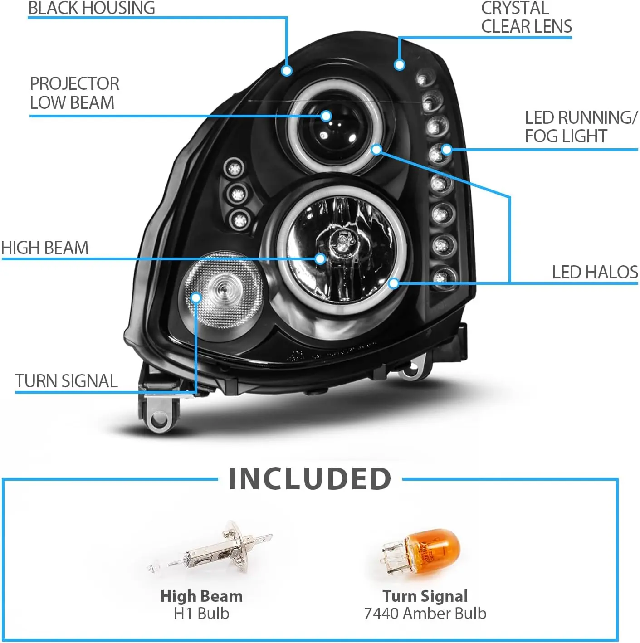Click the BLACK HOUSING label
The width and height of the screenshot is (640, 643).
[92, 8]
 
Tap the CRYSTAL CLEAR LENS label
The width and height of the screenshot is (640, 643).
[526, 17]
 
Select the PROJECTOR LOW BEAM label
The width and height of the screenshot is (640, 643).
[74, 93]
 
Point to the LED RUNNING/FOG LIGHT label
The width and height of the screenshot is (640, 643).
[581, 127]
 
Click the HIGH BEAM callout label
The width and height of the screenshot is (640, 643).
[44, 248]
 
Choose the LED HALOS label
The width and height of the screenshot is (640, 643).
[595, 272]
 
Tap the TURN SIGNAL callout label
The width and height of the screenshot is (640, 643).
[66, 381]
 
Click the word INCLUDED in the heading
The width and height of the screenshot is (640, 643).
[310, 479]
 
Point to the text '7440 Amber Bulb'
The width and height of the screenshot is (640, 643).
[425, 614]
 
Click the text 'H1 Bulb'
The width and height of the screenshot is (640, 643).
[201, 614]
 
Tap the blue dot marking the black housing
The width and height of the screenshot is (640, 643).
[286, 70]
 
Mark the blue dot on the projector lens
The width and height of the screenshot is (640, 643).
[326, 116]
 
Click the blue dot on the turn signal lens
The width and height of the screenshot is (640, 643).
[196, 297]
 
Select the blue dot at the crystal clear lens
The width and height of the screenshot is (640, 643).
[399, 64]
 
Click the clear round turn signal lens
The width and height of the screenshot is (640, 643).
[225, 290]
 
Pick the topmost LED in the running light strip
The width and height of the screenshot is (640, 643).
[423, 80]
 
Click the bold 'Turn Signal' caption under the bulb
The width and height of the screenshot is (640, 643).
[425, 596]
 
